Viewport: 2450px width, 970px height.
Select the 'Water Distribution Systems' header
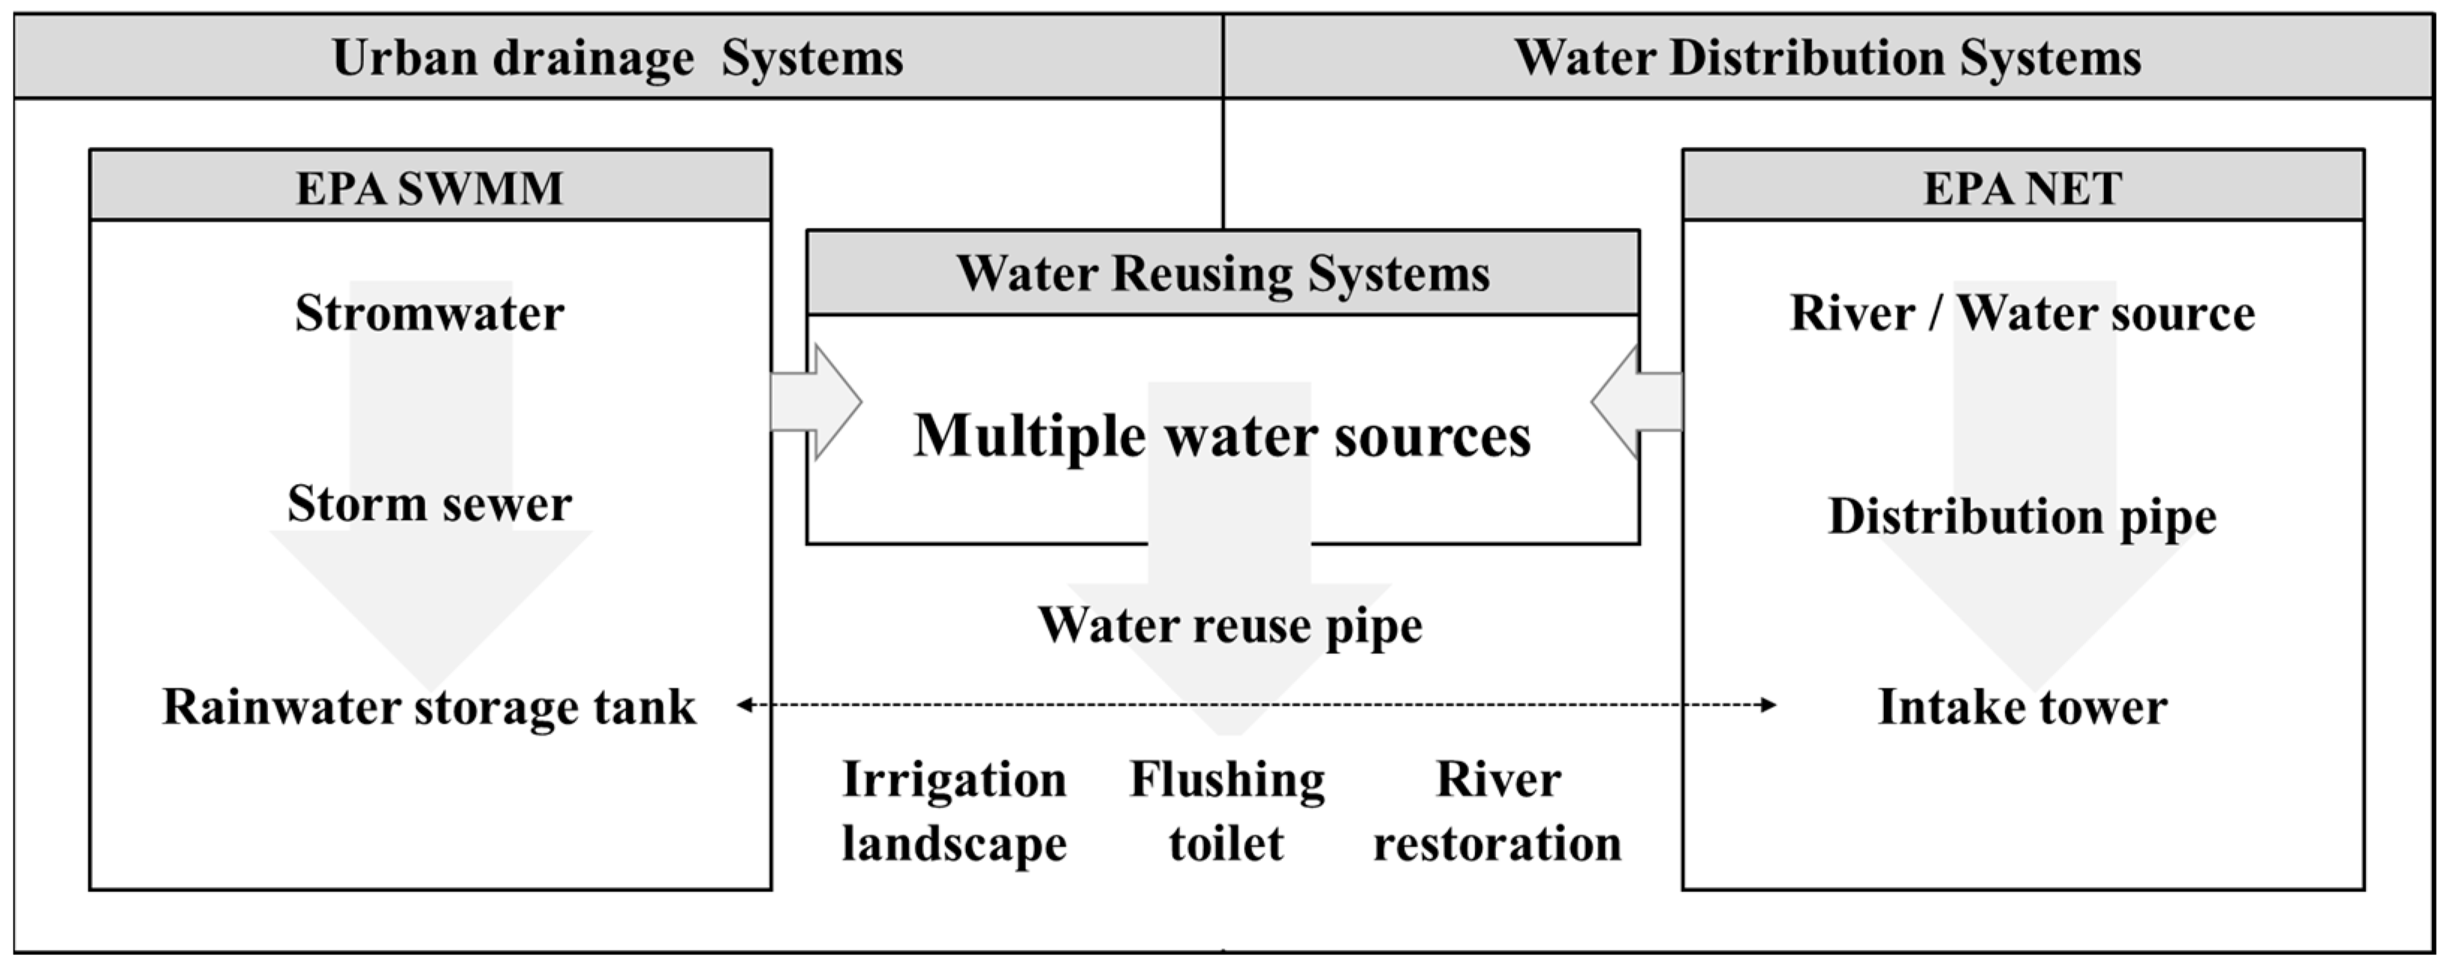[x=1827, y=57]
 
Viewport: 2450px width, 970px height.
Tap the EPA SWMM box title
[x=429, y=187]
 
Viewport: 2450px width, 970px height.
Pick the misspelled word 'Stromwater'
[x=429, y=313]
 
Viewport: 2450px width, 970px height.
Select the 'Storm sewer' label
[x=429, y=503]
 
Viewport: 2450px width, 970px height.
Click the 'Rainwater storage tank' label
[x=429, y=706]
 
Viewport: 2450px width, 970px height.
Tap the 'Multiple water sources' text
[x=1222, y=435]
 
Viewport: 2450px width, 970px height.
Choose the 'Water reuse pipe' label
[x=1229, y=625]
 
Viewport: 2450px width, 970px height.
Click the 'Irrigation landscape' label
[x=954, y=811]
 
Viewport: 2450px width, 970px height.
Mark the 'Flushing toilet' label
[x=1227, y=811]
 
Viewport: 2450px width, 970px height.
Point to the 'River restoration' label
[x=1497, y=811]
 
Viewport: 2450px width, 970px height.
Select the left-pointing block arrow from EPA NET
[x=1636, y=402]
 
